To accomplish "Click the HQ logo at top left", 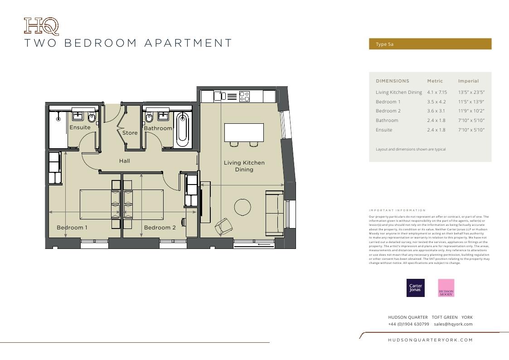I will coord(41,26).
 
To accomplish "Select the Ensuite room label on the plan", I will coord(80,127).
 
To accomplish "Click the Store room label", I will coord(130,133).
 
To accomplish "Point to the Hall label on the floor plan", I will coord(124,161).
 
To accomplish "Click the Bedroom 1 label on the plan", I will coord(72,228).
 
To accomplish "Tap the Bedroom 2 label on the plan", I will coord(160,228).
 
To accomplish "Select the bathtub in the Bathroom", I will coord(182,129).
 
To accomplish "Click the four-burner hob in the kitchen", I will coord(244,97).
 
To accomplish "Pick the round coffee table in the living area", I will coord(242,207).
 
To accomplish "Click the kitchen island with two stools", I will coord(244,132).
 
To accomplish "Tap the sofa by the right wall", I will coord(274,213).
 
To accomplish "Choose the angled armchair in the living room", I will coord(224,225).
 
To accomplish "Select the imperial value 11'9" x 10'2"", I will coord(471,111).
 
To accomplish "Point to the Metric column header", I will coord(435,81).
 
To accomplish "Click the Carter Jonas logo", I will coord(415,288).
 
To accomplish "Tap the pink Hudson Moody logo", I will coord(446,288).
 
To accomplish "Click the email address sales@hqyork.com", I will coord(453,324).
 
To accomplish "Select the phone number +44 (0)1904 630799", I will coord(408,324).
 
